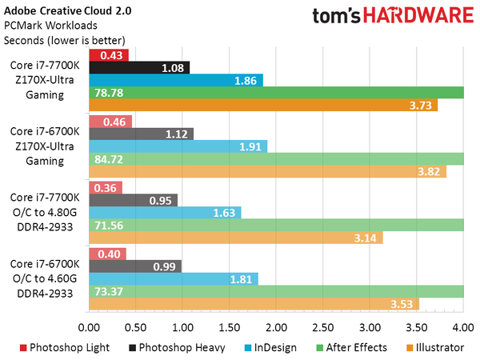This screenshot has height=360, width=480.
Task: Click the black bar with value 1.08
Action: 139,67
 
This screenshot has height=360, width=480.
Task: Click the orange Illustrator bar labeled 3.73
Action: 263,106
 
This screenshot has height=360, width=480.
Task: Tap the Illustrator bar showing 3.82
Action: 267,171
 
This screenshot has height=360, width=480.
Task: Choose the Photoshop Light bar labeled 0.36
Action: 106,188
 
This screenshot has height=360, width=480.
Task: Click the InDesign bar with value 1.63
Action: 165,212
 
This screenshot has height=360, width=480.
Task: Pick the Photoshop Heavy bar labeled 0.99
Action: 135,266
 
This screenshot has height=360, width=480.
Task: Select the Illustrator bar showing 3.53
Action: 254,303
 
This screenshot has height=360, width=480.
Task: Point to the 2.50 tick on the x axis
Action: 323,328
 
